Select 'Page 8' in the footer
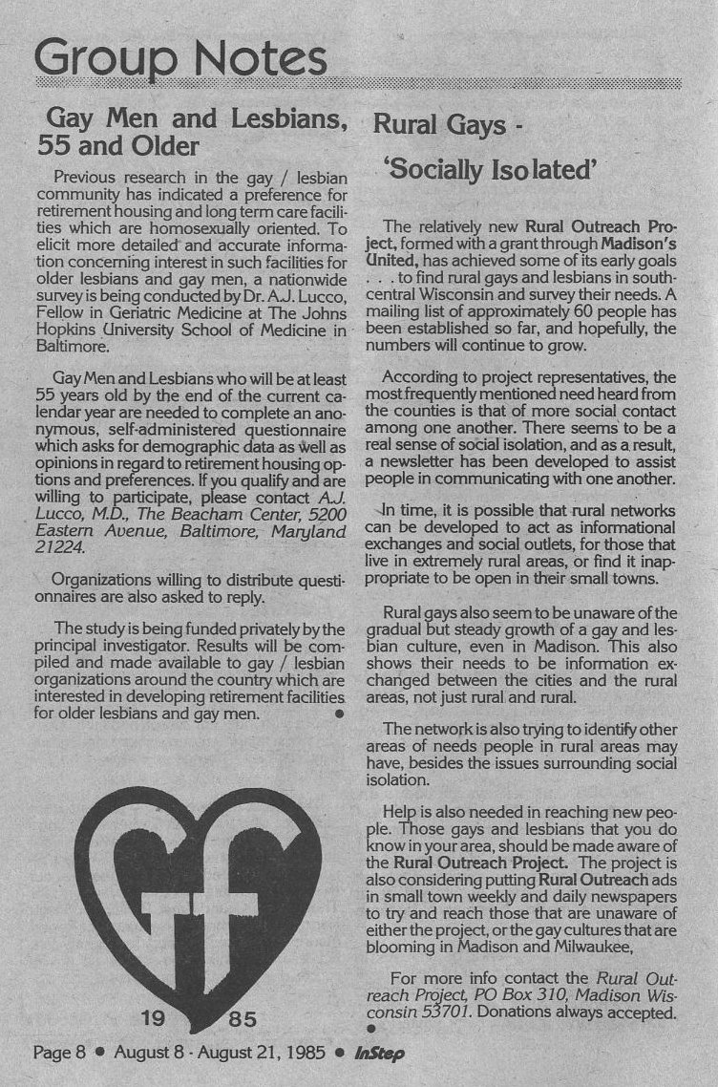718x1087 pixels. click(x=59, y=1054)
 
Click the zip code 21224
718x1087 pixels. click(x=59, y=549)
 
